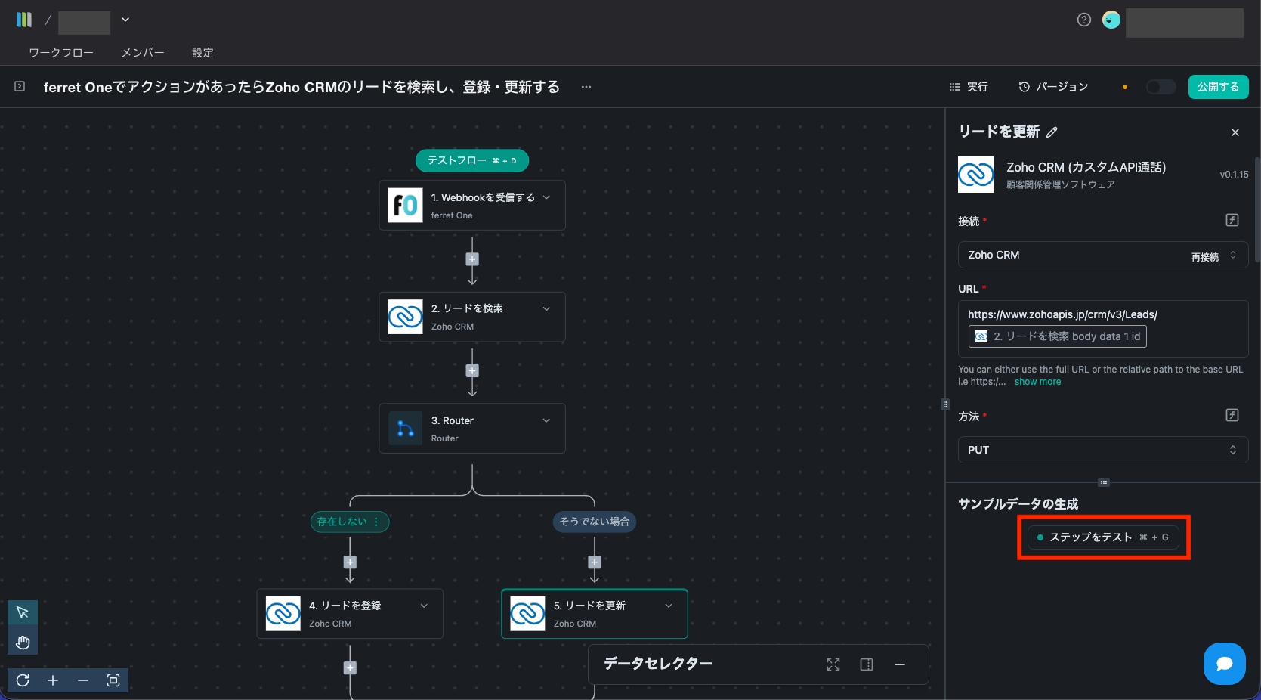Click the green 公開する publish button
point(1218,87)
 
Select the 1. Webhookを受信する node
point(471,206)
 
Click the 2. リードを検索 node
point(471,317)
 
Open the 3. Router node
point(471,429)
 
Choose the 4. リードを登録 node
point(349,614)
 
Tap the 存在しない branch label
point(342,522)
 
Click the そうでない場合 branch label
point(594,522)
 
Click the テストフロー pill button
point(471,160)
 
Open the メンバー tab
point(143,53)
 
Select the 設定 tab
point(202,53)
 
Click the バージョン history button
point(1053,87)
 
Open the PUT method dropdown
point(1102,450)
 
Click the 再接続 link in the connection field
point(1204,257)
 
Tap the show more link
point(1037,382)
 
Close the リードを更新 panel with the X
point(1235,132)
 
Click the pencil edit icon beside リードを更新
point(1052,132)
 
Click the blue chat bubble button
point(1224,664)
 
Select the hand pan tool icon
point(23,643)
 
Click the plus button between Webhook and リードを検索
point(472,259)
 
